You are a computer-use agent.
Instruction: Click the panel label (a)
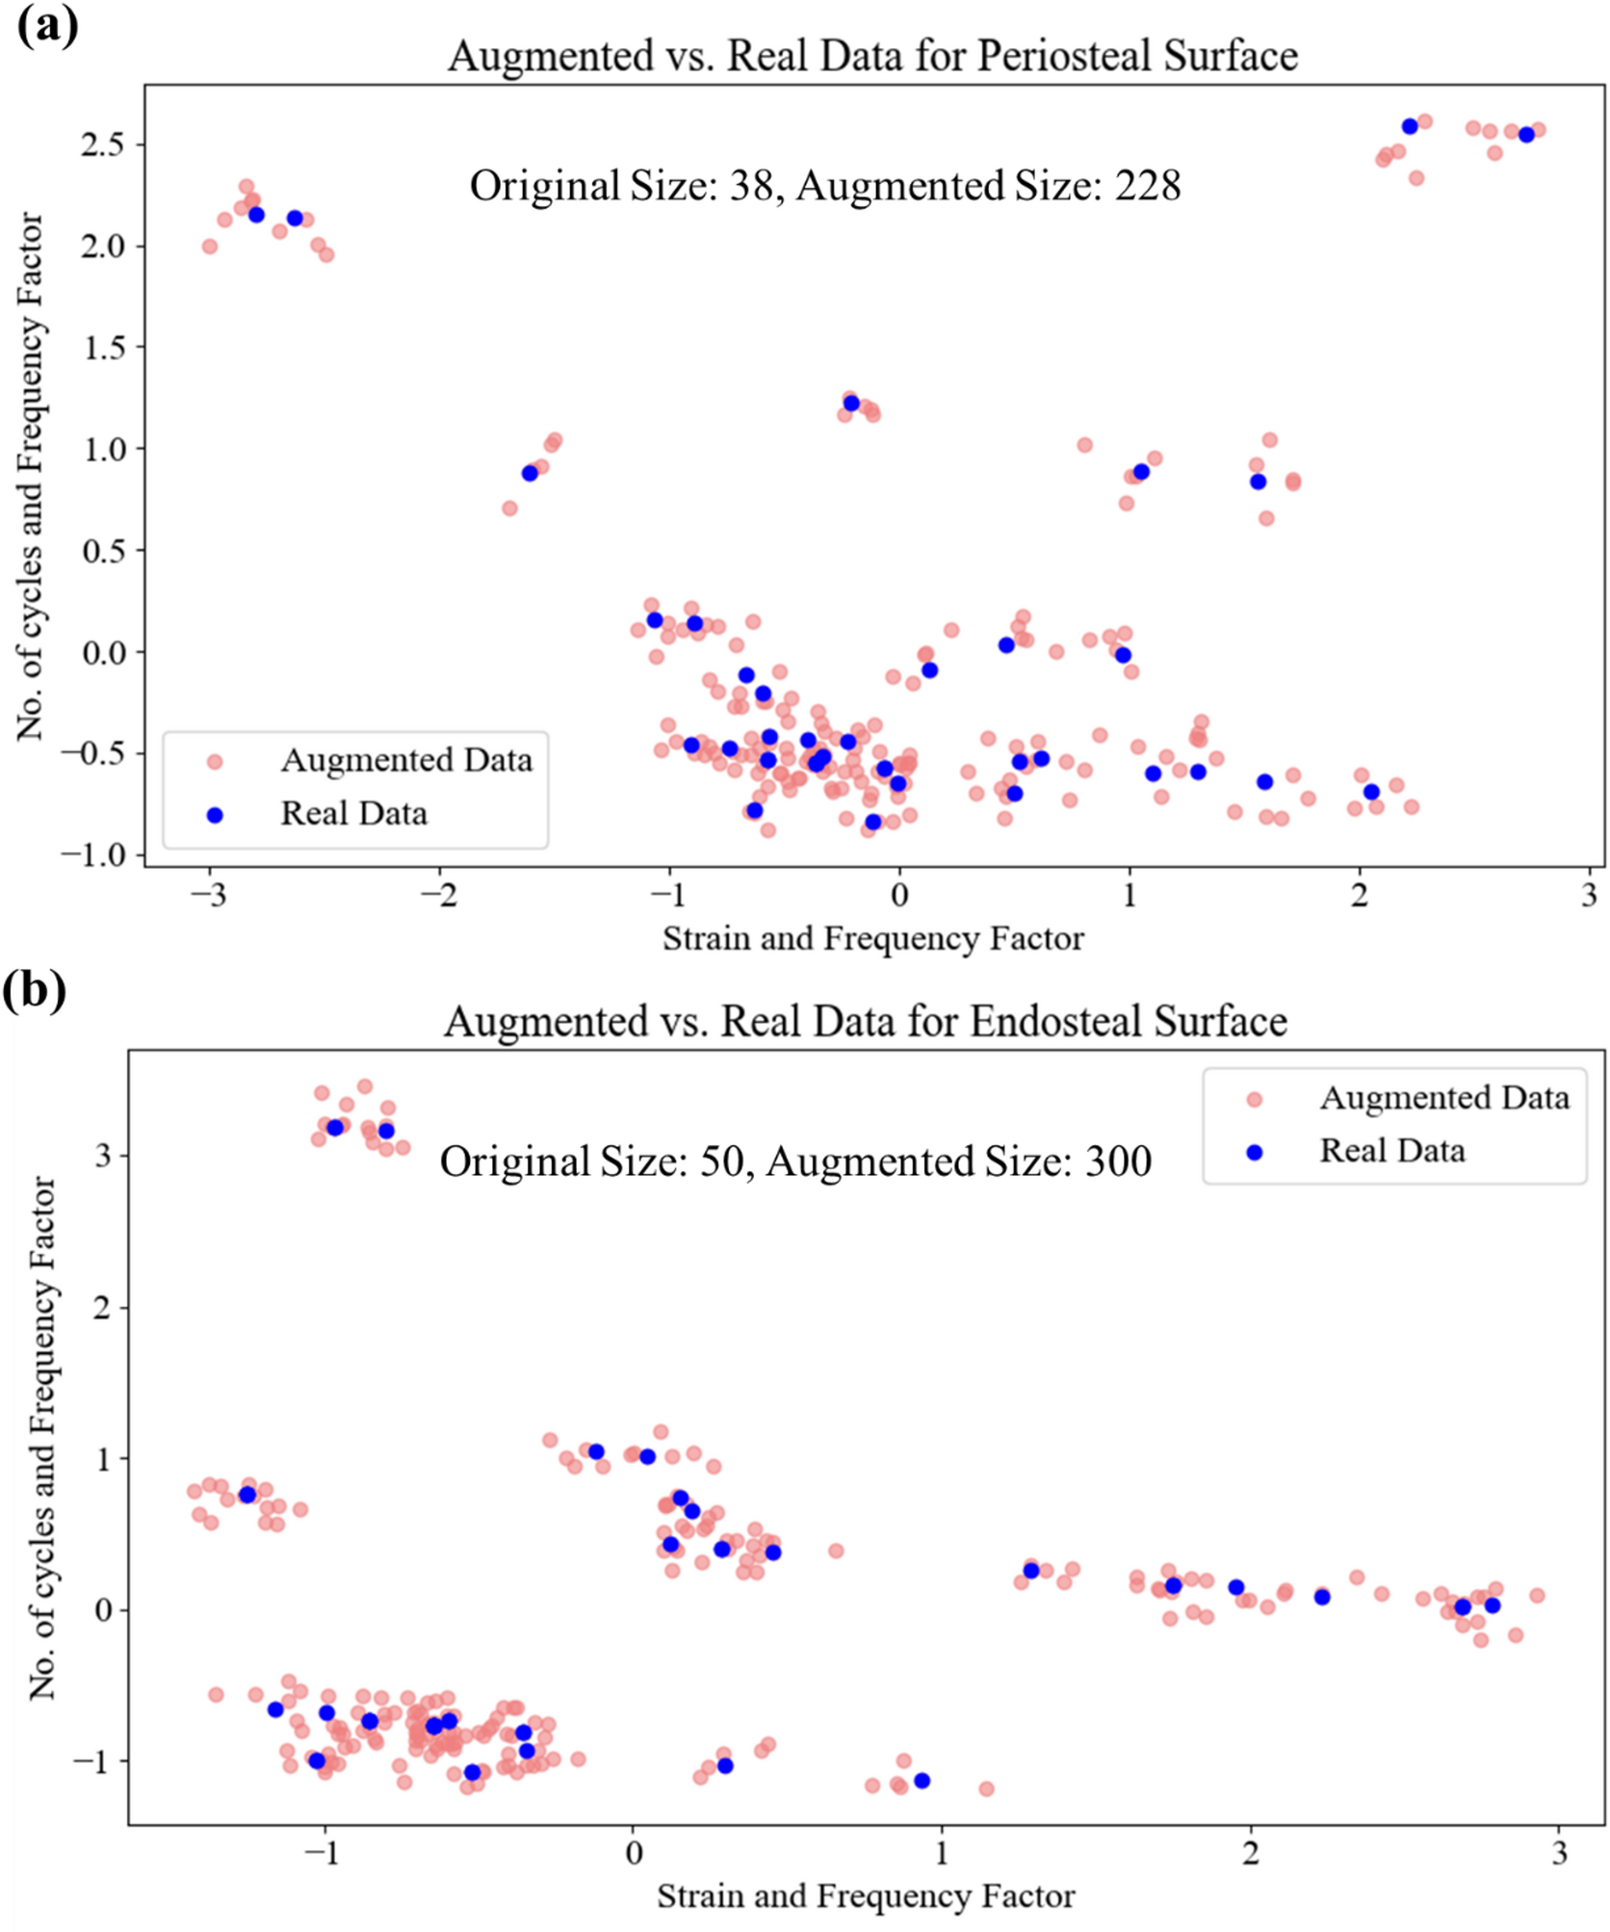47,25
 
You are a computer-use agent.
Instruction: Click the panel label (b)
35,989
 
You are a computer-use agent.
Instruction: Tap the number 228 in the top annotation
1148,186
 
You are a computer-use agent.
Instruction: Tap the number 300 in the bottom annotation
1118,1162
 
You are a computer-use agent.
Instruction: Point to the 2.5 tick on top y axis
104,144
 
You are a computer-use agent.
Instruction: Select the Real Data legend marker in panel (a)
215,816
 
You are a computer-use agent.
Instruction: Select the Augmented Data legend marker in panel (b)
1254,1099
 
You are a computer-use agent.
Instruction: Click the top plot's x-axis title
872,938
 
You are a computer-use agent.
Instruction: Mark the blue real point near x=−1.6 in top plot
530,473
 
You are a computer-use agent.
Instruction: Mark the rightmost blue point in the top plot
1526,135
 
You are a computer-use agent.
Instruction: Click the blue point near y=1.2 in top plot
851,404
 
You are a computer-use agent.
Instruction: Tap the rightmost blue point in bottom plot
1492,1606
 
